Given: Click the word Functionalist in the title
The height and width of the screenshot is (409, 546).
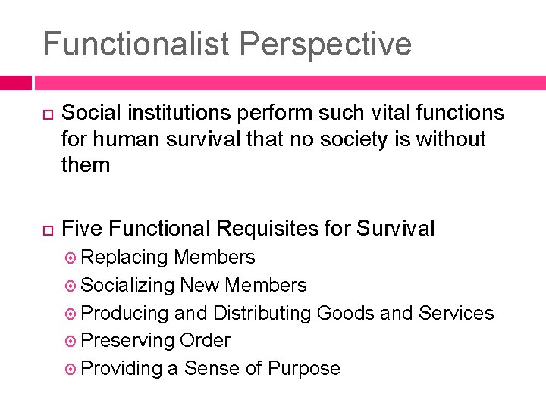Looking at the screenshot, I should point(134,44).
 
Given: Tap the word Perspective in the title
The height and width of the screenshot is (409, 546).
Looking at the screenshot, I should point(324,44).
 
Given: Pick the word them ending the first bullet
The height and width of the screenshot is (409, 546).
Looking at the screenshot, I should point(86,165).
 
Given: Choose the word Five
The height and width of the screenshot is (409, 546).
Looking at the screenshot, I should point(83,228).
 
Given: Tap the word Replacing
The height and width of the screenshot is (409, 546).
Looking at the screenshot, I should point(124,258).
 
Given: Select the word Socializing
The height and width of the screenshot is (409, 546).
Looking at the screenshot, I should point(127,286).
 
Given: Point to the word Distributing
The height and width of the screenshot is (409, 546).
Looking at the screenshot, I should point(262,313).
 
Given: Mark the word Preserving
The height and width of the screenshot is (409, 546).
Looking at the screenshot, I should point(127,341).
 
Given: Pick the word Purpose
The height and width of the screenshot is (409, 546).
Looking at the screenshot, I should point(302,369).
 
